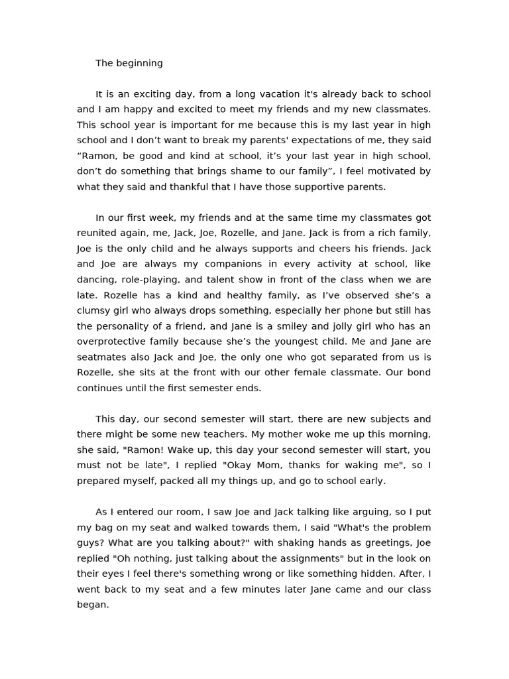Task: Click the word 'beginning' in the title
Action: pos(139,64)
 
